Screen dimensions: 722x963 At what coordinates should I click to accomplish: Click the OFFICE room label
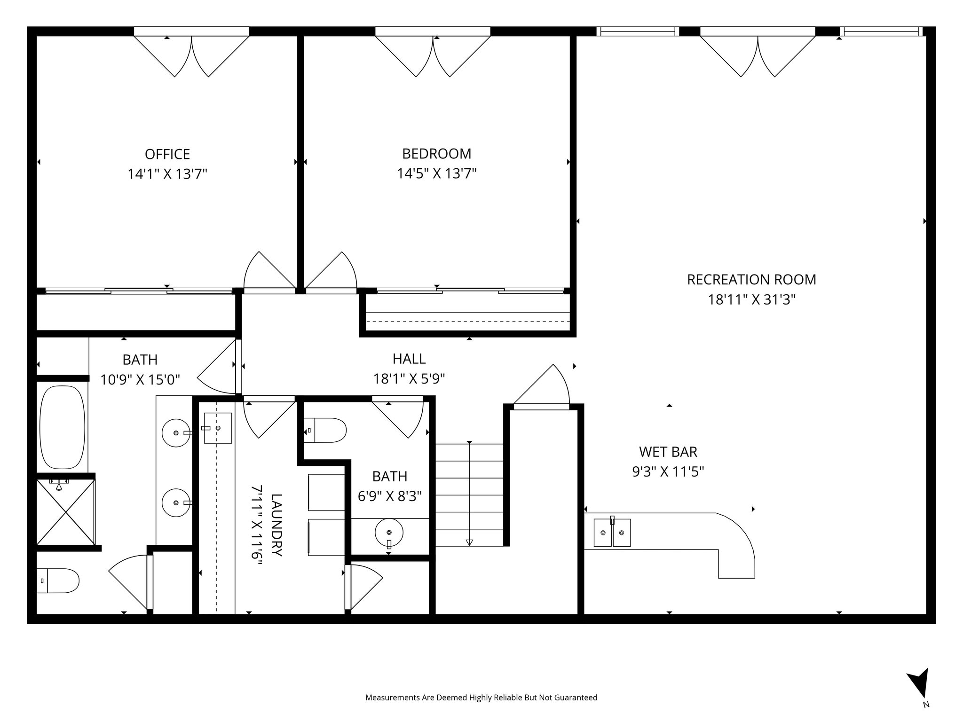[167, 154]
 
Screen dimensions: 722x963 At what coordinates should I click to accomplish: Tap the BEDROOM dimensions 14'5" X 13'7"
[437, 174]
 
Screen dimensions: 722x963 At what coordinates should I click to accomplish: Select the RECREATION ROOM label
[751, 280]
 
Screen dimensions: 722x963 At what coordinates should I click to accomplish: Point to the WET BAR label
[668, 452]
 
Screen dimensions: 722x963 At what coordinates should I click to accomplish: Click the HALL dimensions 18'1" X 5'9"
[409, 378]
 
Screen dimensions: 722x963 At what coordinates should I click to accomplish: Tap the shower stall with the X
[65, 511]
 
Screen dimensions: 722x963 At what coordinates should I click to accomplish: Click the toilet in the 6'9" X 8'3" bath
[325, 430]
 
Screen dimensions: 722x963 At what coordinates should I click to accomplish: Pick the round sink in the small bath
[389, 533]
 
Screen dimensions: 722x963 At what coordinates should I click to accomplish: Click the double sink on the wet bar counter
[612, 532]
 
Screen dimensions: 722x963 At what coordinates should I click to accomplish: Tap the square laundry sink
[218, 428]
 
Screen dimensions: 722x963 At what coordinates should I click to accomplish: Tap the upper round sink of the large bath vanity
[176, 432]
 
